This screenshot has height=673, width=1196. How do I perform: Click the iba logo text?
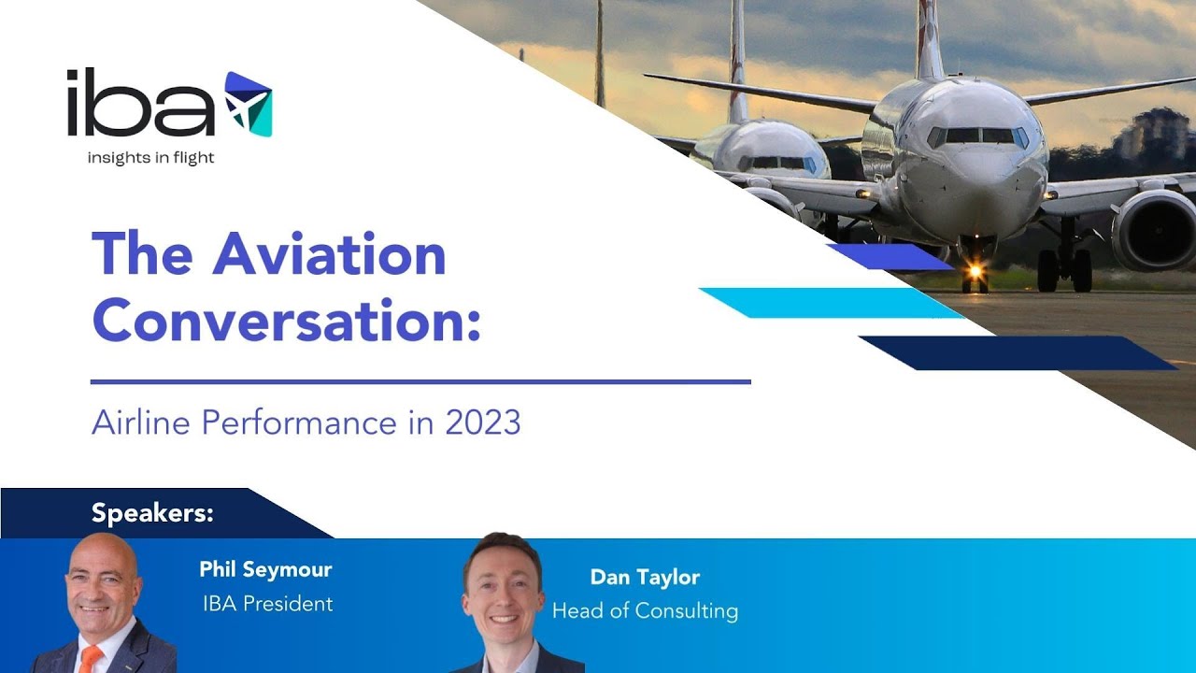[x=140, y=104]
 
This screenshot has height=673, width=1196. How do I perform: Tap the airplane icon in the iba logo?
[x=248, y=104]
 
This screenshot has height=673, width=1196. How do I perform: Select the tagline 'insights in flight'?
[x=150, y=158]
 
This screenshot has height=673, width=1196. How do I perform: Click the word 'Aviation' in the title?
[x=329, y=254]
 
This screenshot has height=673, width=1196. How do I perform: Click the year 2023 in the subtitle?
[x=482, y=422]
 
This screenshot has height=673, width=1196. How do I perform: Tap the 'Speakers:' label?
[x=152, y=513]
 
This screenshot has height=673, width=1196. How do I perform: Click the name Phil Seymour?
[x=265, y=569]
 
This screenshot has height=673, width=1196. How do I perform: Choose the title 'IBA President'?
[x=267, y=604]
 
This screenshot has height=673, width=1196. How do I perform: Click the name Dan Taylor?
[x=645, y=577]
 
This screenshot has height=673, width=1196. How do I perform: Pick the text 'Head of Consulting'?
[x=645, y=611]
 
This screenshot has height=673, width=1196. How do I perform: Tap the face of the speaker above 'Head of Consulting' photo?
[x=503, y=586]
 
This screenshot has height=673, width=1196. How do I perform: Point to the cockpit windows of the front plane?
[x=976, y=136]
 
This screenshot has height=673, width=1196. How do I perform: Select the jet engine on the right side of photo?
[x=1153, y=229]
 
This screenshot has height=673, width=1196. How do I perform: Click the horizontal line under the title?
[x=420, y=381]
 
